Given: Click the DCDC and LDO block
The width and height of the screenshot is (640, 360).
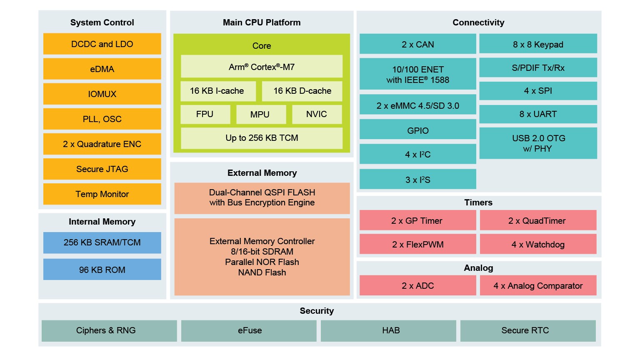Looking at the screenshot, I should click(x=102, y=44).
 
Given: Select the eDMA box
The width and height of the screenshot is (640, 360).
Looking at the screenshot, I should click(x=102, y=69).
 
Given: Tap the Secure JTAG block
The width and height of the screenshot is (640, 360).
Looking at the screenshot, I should click(x=102, y=169).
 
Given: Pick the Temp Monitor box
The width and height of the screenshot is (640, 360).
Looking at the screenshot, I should click(x=102, y=194).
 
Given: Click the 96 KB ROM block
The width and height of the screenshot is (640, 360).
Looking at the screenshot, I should click(x=102, y=270).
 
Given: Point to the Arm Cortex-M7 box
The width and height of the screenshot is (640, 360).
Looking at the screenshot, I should click(x=262, y=67).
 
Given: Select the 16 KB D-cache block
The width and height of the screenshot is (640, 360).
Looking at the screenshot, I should click(x=302, y=91).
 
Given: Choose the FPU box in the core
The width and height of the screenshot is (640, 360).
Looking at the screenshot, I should click(x=205, y=114).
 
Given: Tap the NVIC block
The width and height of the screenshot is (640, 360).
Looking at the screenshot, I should click(x=317, y=114).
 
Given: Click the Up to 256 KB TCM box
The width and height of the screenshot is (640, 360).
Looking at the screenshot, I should click(x=262, y=138).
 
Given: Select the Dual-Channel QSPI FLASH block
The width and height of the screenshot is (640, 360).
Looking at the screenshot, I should click(x=262, y=198).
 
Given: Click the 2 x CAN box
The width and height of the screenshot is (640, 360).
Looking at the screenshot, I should click(x=417, y=44).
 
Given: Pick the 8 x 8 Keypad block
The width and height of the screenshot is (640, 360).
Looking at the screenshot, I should click(x=538, y=44).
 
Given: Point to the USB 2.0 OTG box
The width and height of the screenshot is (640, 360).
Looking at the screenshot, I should click(x=538, y=143).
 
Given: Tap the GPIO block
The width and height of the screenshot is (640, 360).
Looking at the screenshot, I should click(x=417, y=130).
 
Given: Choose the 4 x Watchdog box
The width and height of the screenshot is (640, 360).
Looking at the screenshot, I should click(x=538, y=244).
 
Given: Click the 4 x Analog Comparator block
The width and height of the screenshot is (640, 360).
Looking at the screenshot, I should click(x=538, y=285).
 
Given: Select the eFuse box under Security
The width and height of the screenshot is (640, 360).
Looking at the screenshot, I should click(x=249, y=330).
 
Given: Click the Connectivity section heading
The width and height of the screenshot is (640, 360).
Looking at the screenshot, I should click(x=478, y=22).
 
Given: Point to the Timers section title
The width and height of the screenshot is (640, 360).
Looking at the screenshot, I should click(x=478, y=202).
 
